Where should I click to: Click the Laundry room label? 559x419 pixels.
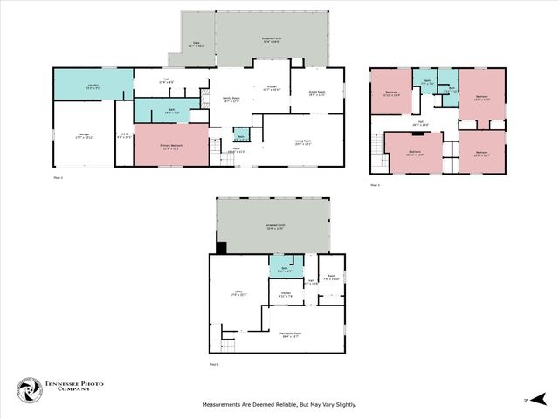point(92,86)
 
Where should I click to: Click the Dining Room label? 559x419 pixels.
point(316,94)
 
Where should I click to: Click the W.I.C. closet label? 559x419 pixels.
point(124,135)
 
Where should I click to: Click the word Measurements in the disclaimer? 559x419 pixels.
point(226,404)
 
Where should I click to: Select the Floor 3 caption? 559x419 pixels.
point(376,185)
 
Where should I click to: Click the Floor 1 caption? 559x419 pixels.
point(215,364)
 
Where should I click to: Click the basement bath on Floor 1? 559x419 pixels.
point(286,268)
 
